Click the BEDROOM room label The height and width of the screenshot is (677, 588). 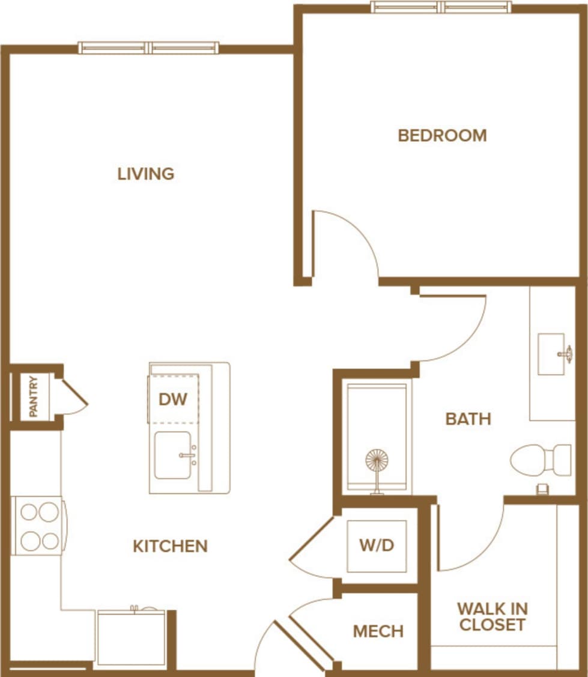[x=442, y=135]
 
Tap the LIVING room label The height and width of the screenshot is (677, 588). [x=146, y=174]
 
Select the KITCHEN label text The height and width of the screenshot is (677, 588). [x=170, y=546]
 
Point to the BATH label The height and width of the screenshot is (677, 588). [x=468, y=419]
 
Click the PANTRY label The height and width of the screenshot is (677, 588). [x=33, y=396]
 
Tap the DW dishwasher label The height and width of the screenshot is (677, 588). [x=172, y=399]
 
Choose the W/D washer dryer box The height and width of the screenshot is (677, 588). [x=377, y=545]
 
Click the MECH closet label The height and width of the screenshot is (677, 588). [x=378, y=631]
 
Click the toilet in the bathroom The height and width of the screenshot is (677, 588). [x=540, y=460]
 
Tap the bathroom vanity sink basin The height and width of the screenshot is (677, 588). [x=551, y=354]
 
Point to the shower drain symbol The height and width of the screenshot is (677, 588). [x=377, y=461]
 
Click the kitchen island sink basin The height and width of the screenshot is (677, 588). [x=173, y=455]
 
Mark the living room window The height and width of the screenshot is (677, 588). [x=148, y=47]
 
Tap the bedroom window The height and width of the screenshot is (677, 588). [x=441, y=7]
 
